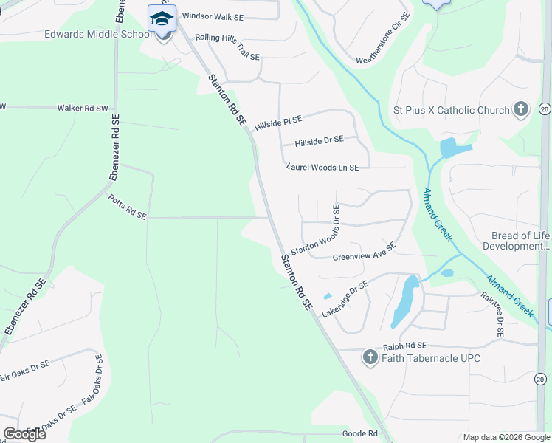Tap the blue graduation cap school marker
162,18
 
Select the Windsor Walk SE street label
213,16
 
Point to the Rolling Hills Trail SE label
227,47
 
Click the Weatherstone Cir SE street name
382,49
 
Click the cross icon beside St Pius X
521,110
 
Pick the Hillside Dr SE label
319,140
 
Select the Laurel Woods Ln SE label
322,168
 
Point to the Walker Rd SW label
81,108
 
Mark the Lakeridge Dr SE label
345,299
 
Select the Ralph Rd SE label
405,346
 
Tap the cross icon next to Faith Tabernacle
370,359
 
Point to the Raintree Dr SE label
491,315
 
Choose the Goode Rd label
360,433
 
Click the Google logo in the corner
24,434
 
